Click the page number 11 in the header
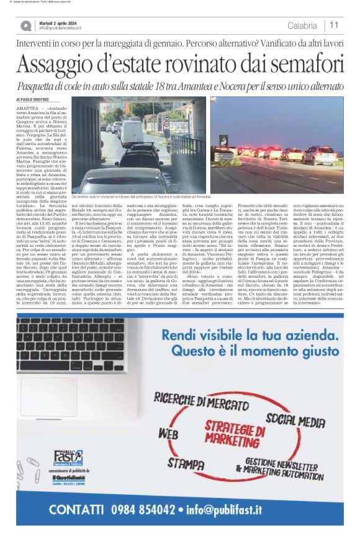click(x=334, y=25)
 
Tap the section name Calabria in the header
click(x=302, y=25)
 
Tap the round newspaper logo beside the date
click(x=25, y=25)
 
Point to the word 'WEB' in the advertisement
click(x=168, y=432)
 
